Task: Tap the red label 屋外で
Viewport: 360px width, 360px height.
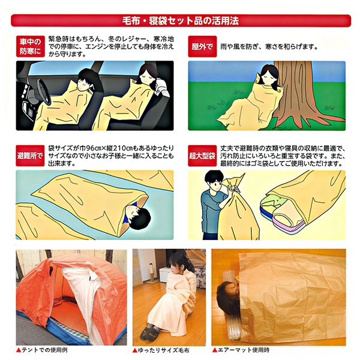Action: (202, 46)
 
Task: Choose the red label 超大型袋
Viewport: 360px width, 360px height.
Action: (202, 155)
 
